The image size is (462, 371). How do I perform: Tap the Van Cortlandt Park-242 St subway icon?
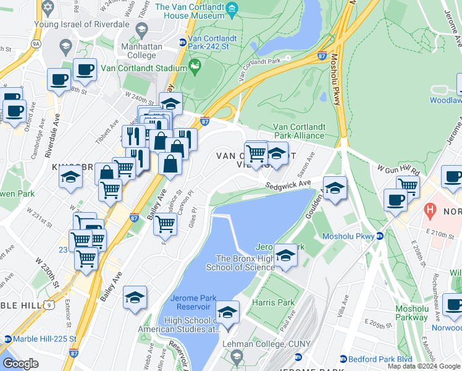point(183,42)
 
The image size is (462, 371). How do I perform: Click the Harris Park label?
point(272,303)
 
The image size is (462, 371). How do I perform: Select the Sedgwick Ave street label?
point(288,184)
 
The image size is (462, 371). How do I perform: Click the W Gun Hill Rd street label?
point(399,168)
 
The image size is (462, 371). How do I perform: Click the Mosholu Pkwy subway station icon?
point(381,236)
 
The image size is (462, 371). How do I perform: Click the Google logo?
point(20,364)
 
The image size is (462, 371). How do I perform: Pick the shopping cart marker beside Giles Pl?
point(165,224)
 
